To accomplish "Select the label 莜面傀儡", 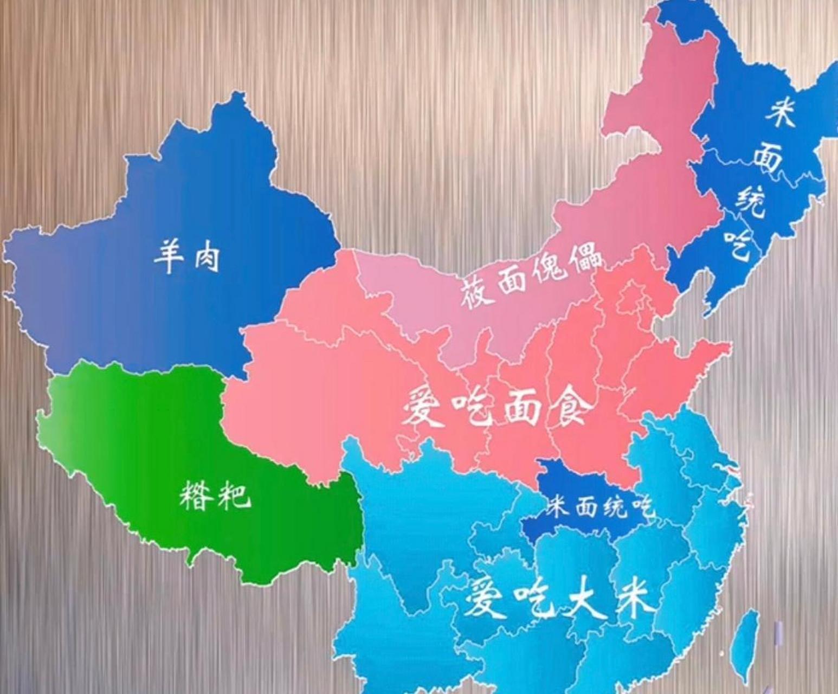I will pyautogui.click(x=530, y=275).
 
